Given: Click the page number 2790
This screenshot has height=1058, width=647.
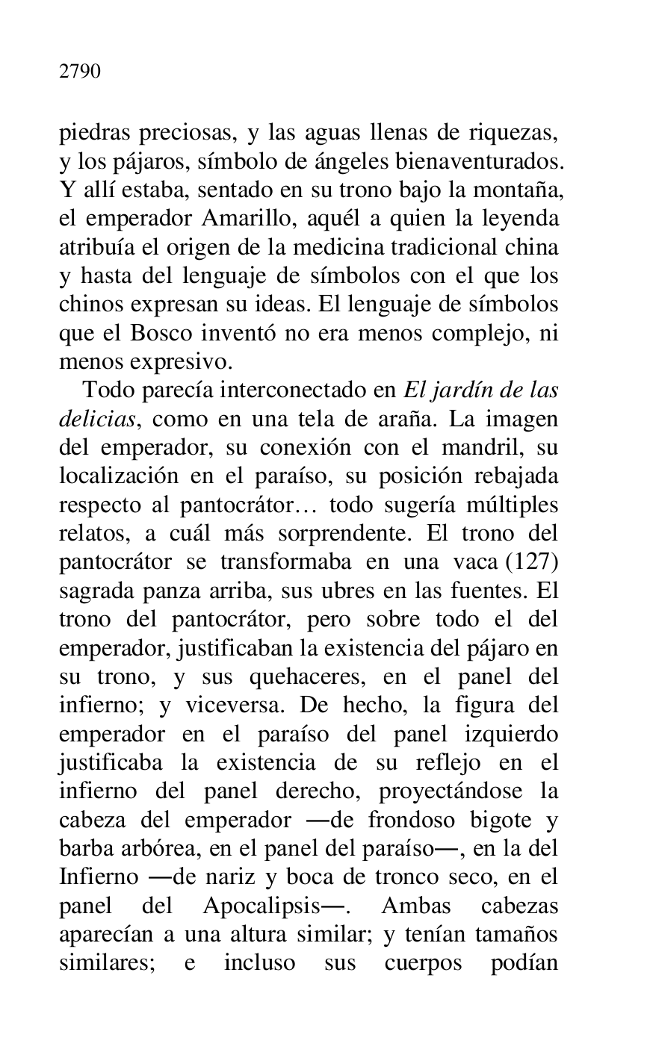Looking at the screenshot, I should click(x=79, y=72).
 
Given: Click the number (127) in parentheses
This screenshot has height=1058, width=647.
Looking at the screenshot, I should click(x=536, y=562).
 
